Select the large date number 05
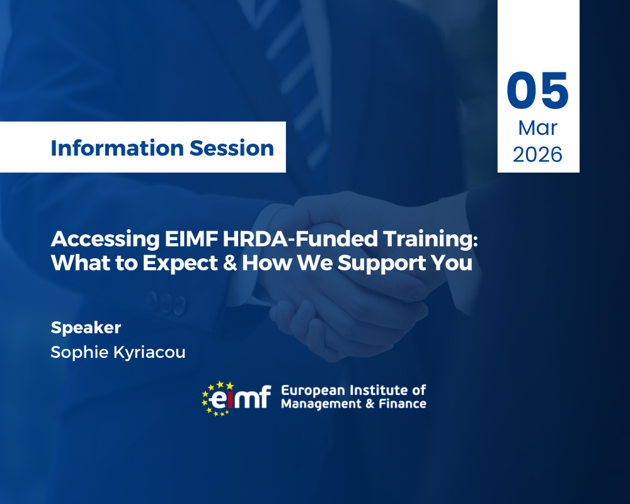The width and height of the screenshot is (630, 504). point(537,91)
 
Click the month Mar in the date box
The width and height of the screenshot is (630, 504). point(537,128)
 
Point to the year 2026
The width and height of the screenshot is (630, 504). point(537,154)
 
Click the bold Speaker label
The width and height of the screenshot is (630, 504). point(86,328)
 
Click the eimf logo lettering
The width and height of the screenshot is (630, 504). point(243,398)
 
